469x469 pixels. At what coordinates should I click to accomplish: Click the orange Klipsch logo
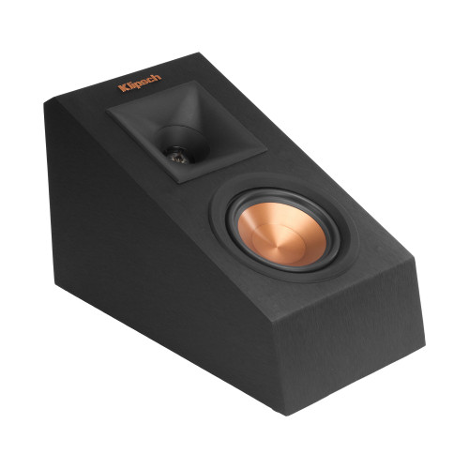(x=140, y=87)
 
